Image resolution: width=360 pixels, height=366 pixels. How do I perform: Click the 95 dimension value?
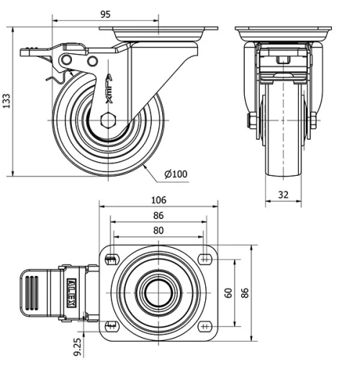pyautogui.click(x=105, y=14)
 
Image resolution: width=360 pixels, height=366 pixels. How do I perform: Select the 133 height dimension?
pyautogui.click(x=7, y=101)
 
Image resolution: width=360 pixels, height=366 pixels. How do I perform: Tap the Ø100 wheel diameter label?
pyautogui.click(x=176, y=174)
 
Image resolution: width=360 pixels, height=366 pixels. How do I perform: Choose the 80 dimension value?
pyautogui.click(x=158, y=231)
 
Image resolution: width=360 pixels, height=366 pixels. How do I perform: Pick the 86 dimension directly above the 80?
pyautogui.click(x=158, y=215)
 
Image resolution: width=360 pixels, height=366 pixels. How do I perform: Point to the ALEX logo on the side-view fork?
pyautogui.click(x=108, y=85)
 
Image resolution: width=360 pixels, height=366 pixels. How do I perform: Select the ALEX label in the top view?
pyautogui.click(x=70, y=293)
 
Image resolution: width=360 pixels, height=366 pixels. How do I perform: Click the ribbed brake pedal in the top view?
pyautogui.click(x=34, y=293)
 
